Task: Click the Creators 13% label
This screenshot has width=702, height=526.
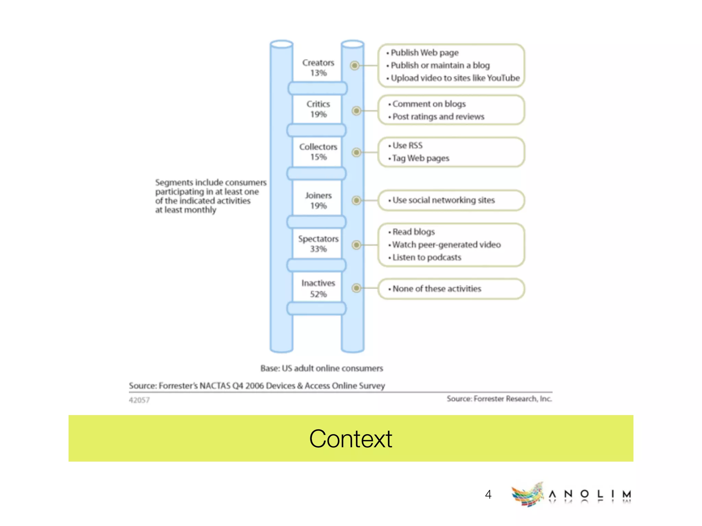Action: (x=318, y=68)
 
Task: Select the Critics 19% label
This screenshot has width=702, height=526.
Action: (x=318, y=109)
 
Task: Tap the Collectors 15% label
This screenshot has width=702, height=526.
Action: (x=318, y=152)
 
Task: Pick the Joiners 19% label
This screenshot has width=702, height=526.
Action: (x=318, y=200)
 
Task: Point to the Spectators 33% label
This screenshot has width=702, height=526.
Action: (x=318, y=244)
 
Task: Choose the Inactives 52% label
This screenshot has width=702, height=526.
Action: (x=318, y=288)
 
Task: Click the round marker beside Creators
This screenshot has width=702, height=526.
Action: (x=355, y=65)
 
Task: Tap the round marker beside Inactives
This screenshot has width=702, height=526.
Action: (x=356, y=288)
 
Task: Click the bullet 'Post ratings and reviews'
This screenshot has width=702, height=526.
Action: (x=438, y=117)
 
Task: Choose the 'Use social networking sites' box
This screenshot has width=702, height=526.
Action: (x=451, y=200)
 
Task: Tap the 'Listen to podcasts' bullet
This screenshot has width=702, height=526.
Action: (x=426, y=258)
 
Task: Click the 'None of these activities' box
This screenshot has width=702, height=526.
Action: (x=451, y=289)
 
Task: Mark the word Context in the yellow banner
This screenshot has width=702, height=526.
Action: (x=350, y=439)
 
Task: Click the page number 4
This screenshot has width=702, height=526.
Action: (x=488, y=494)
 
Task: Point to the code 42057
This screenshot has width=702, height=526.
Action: (x=139, y=400)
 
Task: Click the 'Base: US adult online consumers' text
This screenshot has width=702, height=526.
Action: (x=322, y=368)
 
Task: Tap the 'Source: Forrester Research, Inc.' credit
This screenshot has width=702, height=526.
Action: (x=499, y=399)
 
